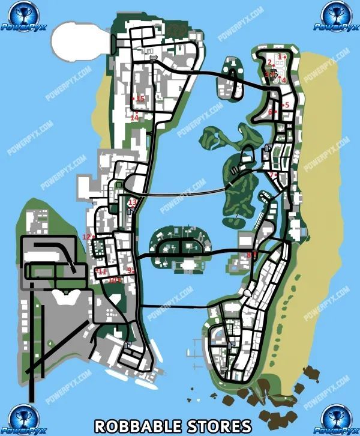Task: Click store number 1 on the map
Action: (x=280, y=56)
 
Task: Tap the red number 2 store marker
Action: (x=270, y=62)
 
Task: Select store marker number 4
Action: (x=284, y=79)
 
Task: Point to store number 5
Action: (x=287, y=105)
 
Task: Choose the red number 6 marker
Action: (x=271, y=112)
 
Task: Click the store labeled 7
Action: (x=272, y=175)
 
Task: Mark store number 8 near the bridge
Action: (x=249, y=255)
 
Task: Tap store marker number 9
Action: (x=129, y=271)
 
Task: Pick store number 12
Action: (x=86, y=237)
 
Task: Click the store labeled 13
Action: (x=132, y=202)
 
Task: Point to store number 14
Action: (x=134, y=118)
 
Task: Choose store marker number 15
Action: (x=140, y=98)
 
